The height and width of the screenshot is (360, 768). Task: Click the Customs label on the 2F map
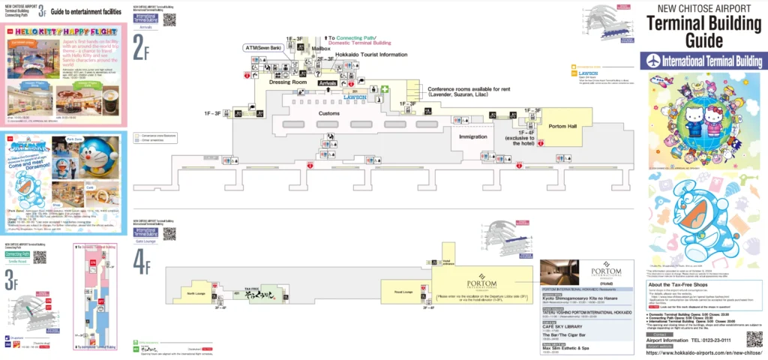click(x=329, y=113)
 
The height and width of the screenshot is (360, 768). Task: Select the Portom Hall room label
click(x=562, y=126)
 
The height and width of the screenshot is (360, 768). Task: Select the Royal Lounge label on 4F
click(x=403, y=292)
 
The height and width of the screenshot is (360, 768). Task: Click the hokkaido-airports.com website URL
click(x=694, y=352)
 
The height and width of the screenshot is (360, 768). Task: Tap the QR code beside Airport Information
click(x=754, y=339)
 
